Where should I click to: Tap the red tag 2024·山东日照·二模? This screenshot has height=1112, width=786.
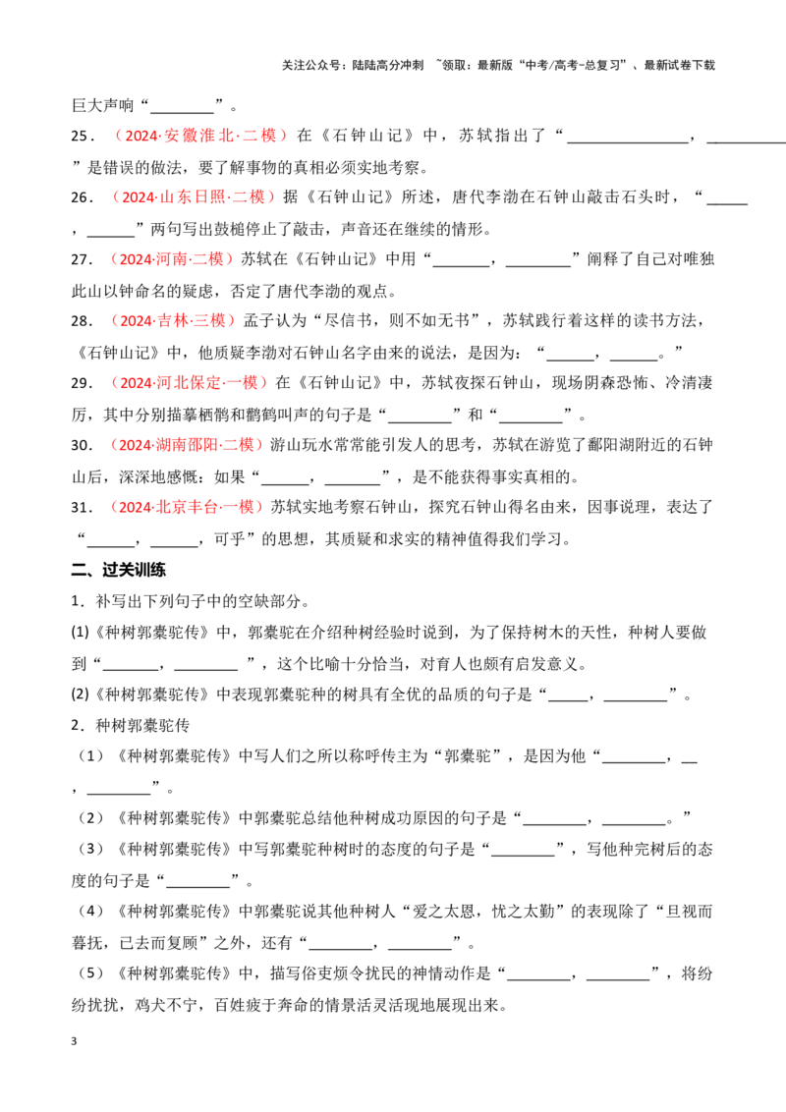coord(189,197)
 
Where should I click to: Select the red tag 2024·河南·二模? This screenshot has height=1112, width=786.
coord(171,259)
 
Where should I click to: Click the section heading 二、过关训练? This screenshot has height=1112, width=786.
coord(119,570)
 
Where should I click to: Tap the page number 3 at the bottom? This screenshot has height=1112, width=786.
coord(74,1041)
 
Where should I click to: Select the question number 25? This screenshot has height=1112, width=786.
coord(82,137)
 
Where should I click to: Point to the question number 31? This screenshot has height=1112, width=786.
coord(82,508)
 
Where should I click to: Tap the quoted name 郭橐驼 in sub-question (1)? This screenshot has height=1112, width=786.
coord(467,756)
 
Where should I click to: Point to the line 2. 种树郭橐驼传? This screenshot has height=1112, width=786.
coord(131,725)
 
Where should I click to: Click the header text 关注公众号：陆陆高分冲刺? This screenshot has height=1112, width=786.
coord(353,65)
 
